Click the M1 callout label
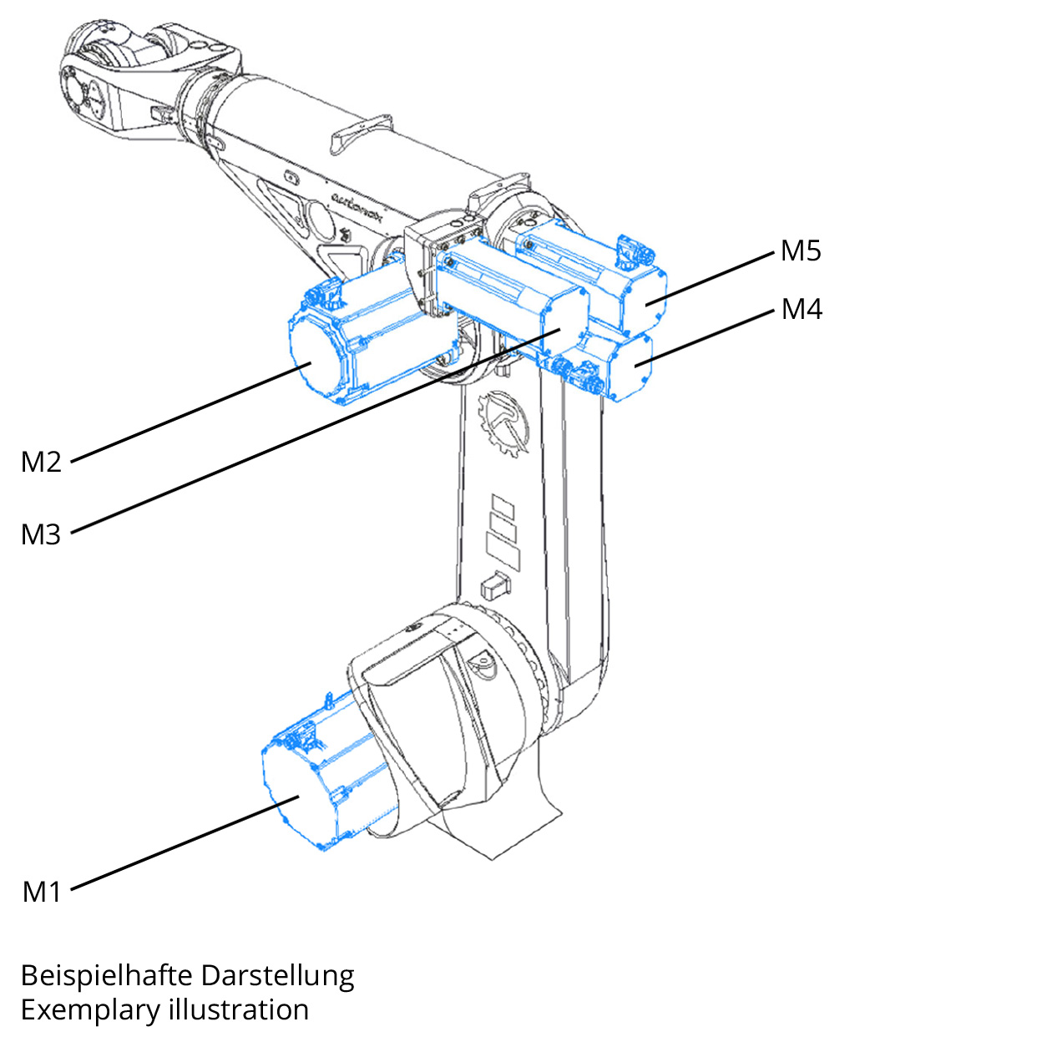(42, 892)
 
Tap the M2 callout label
(41, 462)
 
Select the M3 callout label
(41, 534)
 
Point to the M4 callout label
(802, 310)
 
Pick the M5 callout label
(801, 250)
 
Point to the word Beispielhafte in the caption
(106, 975)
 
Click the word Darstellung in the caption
(278, 975)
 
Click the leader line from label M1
(184, 843)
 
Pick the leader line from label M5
(710, 277)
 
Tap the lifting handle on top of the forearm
(361, 134)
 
